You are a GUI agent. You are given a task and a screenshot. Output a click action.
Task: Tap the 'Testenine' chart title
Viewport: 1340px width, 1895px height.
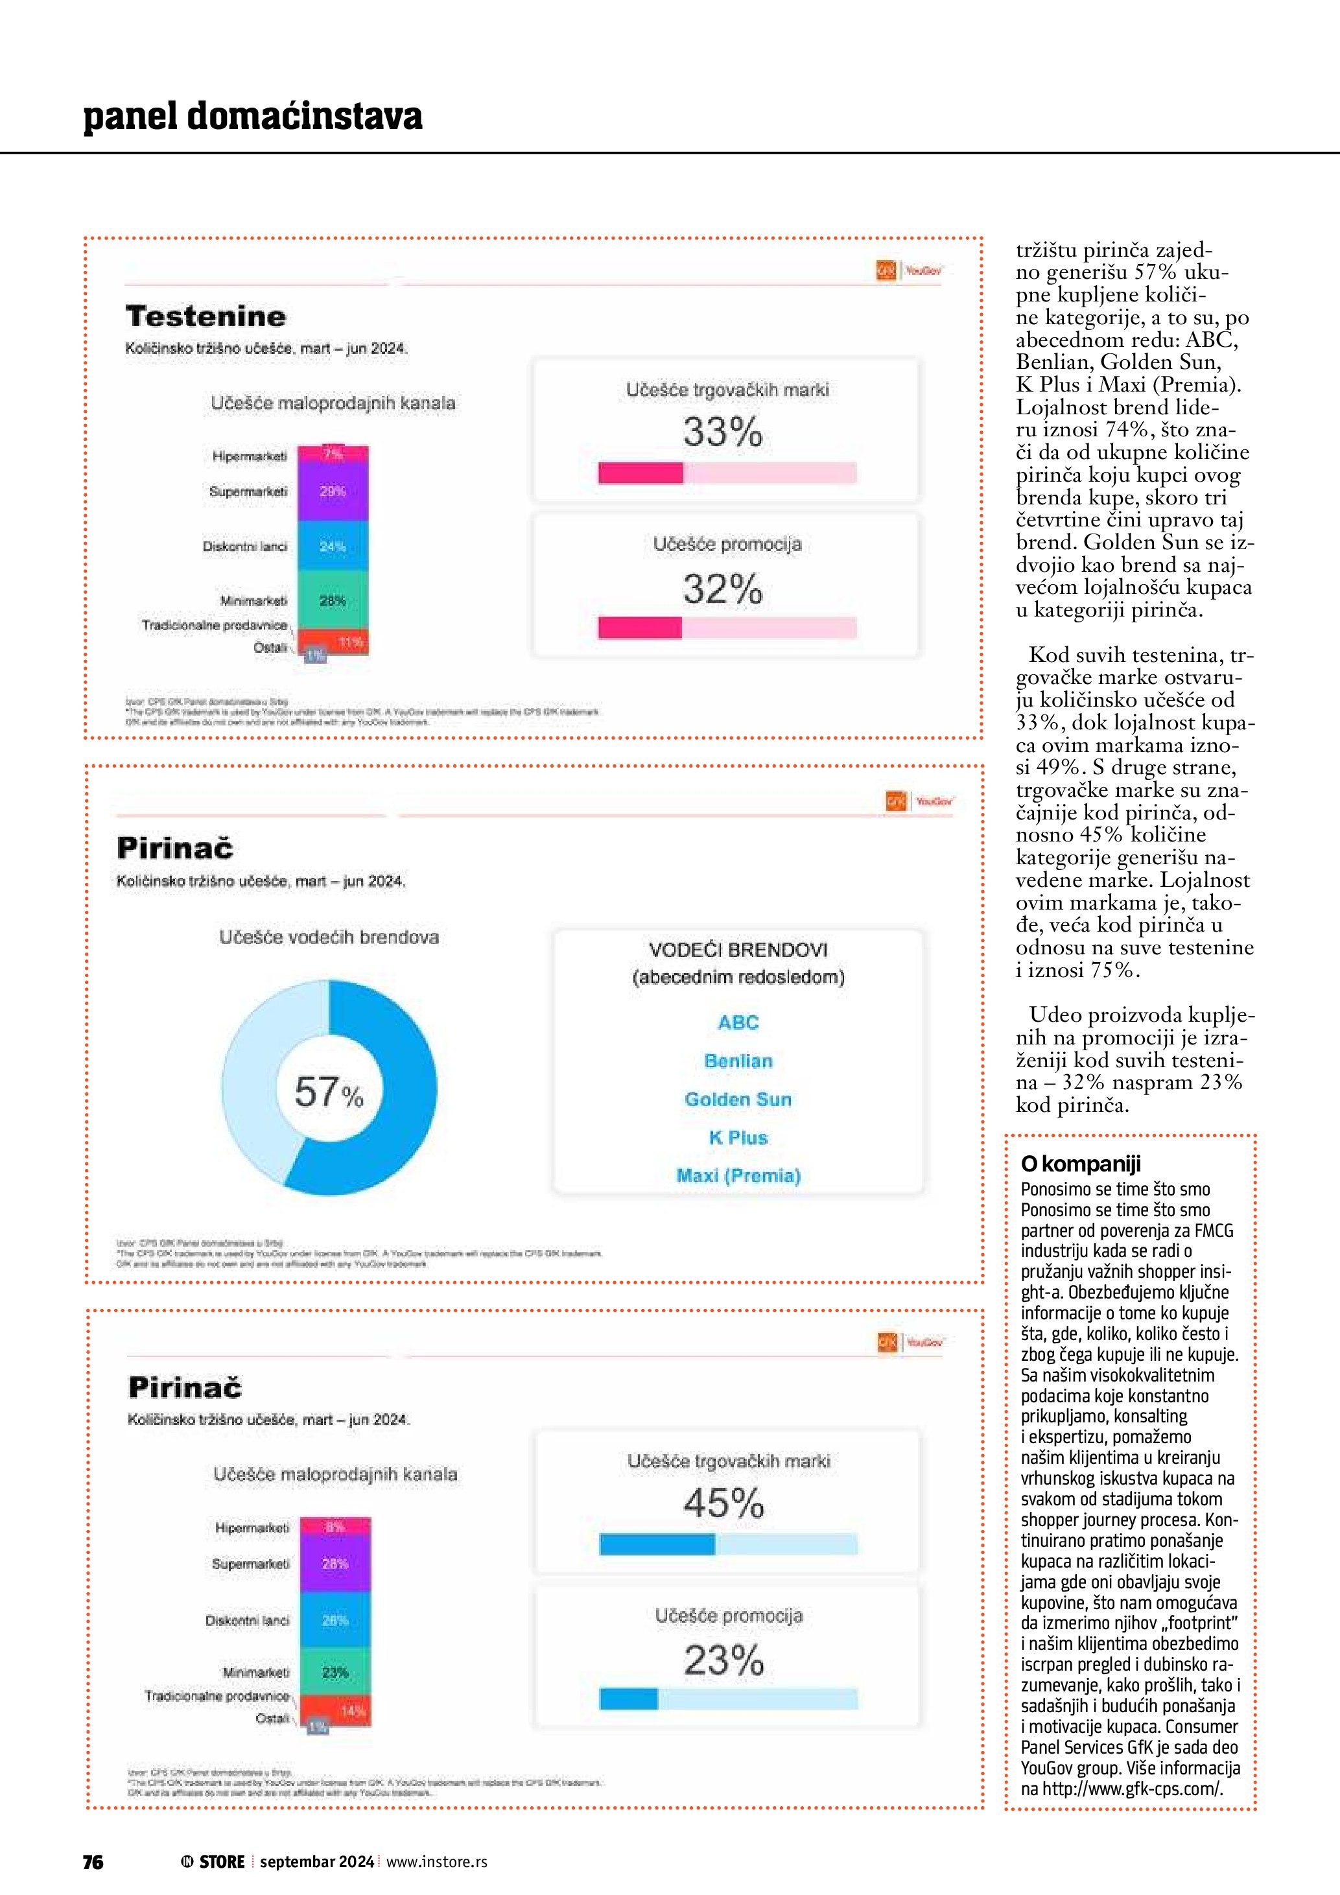(206, 316)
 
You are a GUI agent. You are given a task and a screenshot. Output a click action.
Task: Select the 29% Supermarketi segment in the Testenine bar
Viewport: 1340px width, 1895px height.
(333, 491)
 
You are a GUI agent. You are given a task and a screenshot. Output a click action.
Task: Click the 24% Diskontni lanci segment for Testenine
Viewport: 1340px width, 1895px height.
(333, 547)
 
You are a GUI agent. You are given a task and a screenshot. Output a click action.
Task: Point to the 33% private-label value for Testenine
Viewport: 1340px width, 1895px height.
(723, 432)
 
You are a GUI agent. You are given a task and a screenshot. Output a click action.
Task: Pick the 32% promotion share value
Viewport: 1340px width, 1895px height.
(723, 589)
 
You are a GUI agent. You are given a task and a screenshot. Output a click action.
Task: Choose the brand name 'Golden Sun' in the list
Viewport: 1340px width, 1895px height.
(738, 1100)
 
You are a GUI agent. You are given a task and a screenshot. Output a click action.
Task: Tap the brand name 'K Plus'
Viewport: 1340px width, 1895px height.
(738, 1137)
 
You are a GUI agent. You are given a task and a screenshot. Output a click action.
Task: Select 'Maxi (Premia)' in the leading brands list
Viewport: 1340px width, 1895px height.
(738, 1175)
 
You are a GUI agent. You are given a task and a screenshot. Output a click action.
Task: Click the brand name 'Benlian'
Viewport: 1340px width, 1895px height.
(738, 1061)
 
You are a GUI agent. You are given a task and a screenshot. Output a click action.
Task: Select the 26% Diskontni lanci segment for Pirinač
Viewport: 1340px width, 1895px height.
(335, 1620)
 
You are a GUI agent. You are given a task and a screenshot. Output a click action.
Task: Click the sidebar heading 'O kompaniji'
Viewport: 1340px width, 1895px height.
(1080, 1164)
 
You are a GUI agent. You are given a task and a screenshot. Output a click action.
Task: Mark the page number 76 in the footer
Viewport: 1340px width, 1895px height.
(93, 1862)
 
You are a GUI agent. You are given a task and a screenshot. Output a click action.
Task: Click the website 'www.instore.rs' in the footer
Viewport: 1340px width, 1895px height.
(436, 1862)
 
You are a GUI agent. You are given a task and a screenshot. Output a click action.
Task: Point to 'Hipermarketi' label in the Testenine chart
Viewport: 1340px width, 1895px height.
(249, 456)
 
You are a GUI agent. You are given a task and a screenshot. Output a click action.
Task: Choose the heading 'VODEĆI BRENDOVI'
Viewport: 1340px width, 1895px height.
(738, 950)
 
